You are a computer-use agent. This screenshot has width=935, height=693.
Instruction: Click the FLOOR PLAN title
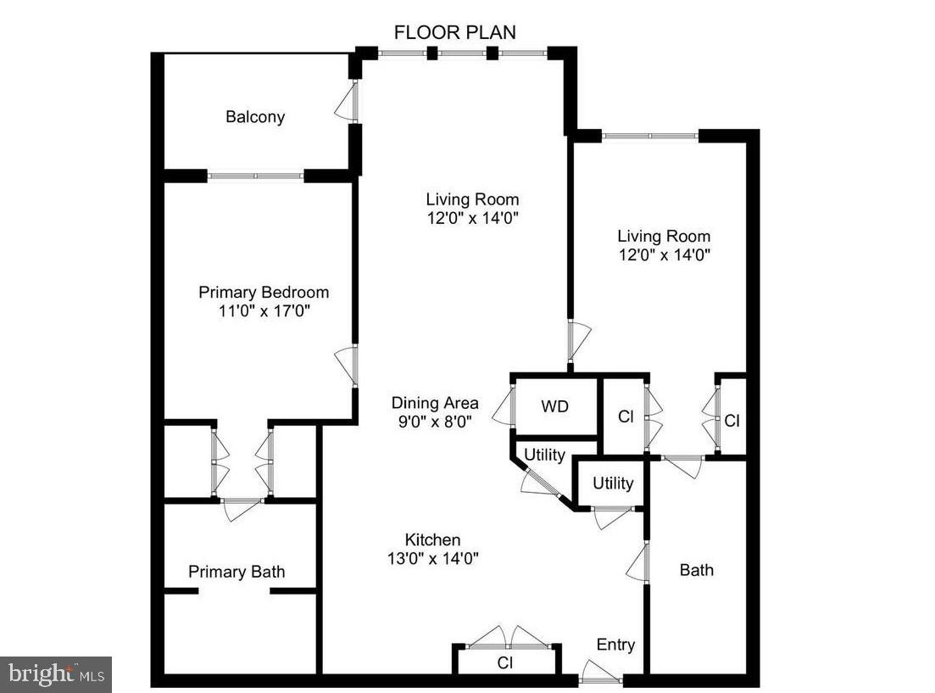[x=455, y=32]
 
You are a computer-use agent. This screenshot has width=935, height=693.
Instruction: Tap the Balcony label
[x=255, y=117]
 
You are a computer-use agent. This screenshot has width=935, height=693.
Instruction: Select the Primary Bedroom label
[x=264, y=292]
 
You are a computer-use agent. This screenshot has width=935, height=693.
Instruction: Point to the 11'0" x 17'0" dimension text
[x=264, y=311]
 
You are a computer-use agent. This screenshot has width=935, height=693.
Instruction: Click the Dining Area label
[x=435, y=403]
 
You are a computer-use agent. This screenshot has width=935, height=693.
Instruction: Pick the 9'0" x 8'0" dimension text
[x=435, y=421]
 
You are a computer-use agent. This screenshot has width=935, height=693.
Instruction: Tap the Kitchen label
[x=432, y=539]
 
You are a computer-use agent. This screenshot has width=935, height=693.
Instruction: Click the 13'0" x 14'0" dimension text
[x=432, y=558]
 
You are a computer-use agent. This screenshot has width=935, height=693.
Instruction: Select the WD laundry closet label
[x=555, y=406]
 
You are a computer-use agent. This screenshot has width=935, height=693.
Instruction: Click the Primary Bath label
[x=237, y=572]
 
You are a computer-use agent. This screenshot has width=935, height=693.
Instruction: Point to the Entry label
[x=615, y=645]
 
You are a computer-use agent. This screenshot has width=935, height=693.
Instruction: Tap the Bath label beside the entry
[x=697, y=570]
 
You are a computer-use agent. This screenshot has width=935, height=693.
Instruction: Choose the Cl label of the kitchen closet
[x=505, y=662]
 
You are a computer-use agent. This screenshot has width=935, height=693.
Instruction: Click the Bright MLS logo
[x=56, y=674]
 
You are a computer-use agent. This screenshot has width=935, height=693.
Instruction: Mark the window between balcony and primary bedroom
[x=255, y=176]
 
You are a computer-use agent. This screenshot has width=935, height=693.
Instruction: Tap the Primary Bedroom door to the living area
[x=348, y=366]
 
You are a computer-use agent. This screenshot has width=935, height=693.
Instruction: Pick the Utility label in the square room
[x=613, y=483]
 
